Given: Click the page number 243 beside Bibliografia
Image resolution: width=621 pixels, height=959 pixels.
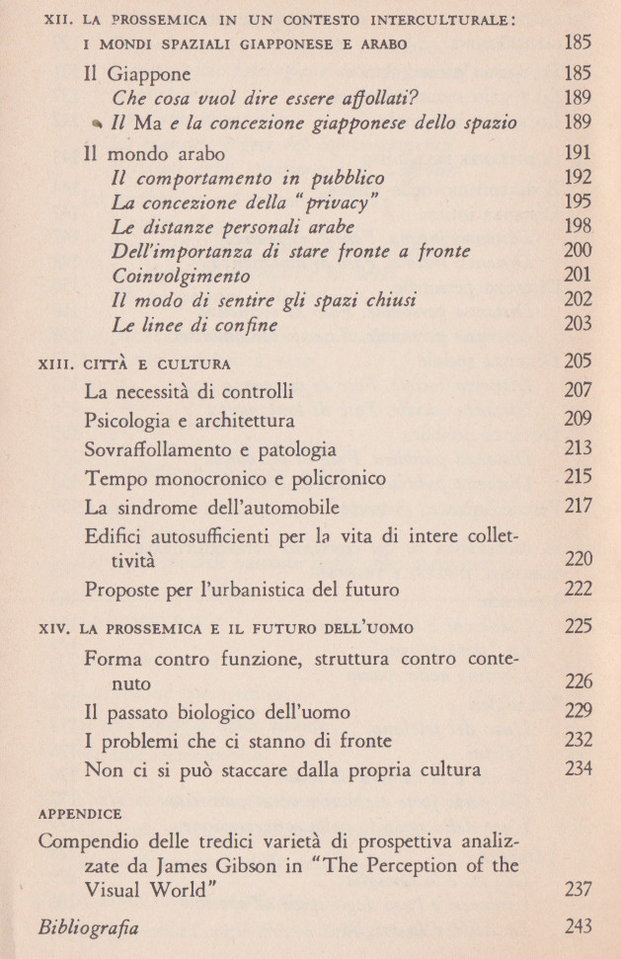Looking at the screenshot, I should tap(578, 926).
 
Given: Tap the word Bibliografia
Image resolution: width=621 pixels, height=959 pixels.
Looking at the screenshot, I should tap(88, 928).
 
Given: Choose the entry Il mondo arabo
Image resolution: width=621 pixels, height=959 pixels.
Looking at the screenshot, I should tap(154, 154).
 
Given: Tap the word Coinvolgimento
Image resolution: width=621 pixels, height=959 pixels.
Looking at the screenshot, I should tap(182, 277).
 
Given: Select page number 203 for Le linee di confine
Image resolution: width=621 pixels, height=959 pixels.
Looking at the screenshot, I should tap(578, 324).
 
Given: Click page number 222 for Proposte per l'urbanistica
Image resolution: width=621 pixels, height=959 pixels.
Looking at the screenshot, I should tap(578, 591).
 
